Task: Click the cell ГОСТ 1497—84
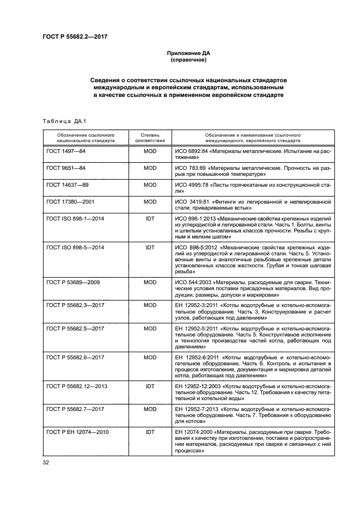point(66,151)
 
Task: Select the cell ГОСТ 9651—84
point(66,168)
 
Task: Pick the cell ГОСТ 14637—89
point(68,186)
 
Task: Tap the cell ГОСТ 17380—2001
point(71,203)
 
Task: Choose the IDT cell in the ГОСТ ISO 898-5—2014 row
point(150,247)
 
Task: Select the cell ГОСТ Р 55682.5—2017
point(75,329)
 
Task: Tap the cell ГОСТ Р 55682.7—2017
point(75,408)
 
